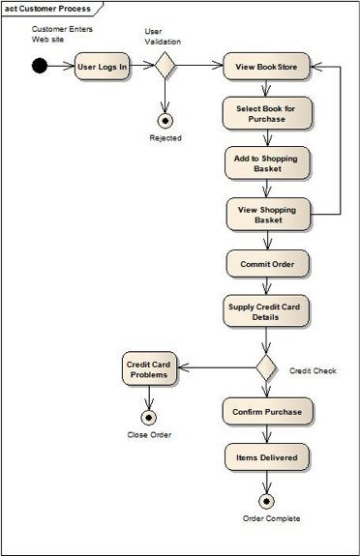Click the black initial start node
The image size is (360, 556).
pos(39,67)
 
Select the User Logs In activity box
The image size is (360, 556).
pos(103,68)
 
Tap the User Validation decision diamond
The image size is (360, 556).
pos(165,67)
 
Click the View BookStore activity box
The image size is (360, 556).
pos(266,68)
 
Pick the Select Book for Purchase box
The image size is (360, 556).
pos(266,114)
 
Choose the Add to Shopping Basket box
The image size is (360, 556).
pos(266,162)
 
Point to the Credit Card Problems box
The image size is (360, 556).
pos(149,369)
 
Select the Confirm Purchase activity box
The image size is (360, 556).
pos(267,412)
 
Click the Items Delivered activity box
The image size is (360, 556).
pos(267,457)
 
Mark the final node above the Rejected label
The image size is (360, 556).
pos(165,120)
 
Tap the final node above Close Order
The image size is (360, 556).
pos(148,418)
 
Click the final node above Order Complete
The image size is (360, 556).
pos(267,501)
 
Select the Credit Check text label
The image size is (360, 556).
pos(313,370)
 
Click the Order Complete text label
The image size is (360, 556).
pos(271,519)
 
